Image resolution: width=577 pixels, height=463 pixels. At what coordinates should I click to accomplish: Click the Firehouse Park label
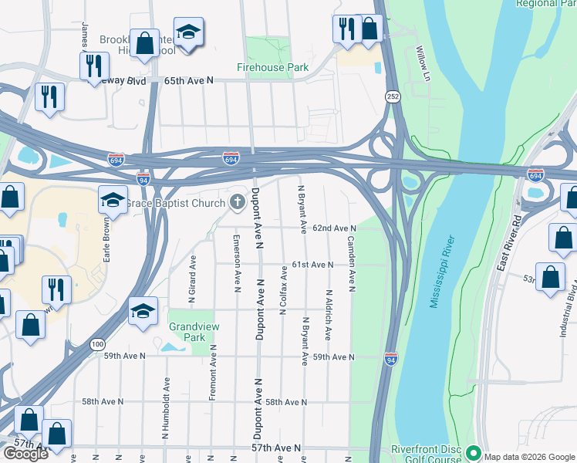[272, 68]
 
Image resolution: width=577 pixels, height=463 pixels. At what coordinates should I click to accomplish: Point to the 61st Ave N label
[312, 265]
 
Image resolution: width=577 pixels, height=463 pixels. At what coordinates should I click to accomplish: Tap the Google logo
[25, 454]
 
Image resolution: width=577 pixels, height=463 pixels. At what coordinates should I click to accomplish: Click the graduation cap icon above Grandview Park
[143, 310]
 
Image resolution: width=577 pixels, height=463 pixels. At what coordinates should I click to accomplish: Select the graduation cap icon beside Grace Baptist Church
[113, 200]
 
